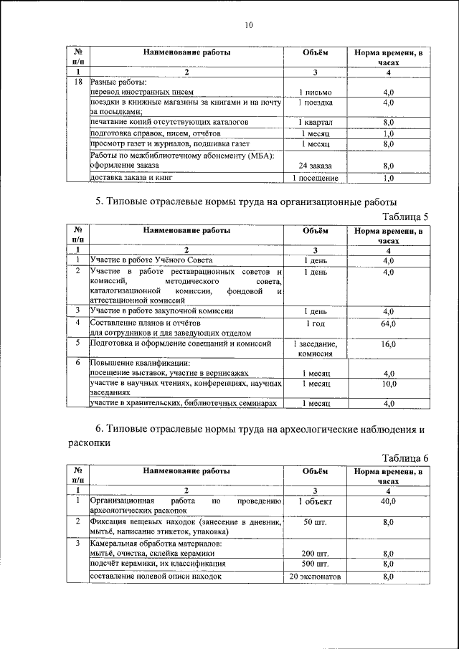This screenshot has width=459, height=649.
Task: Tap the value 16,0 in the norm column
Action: click(389, 344)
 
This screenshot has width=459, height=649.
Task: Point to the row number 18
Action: click(77, 82)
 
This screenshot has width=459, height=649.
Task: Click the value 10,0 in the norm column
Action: click(389, 384)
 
